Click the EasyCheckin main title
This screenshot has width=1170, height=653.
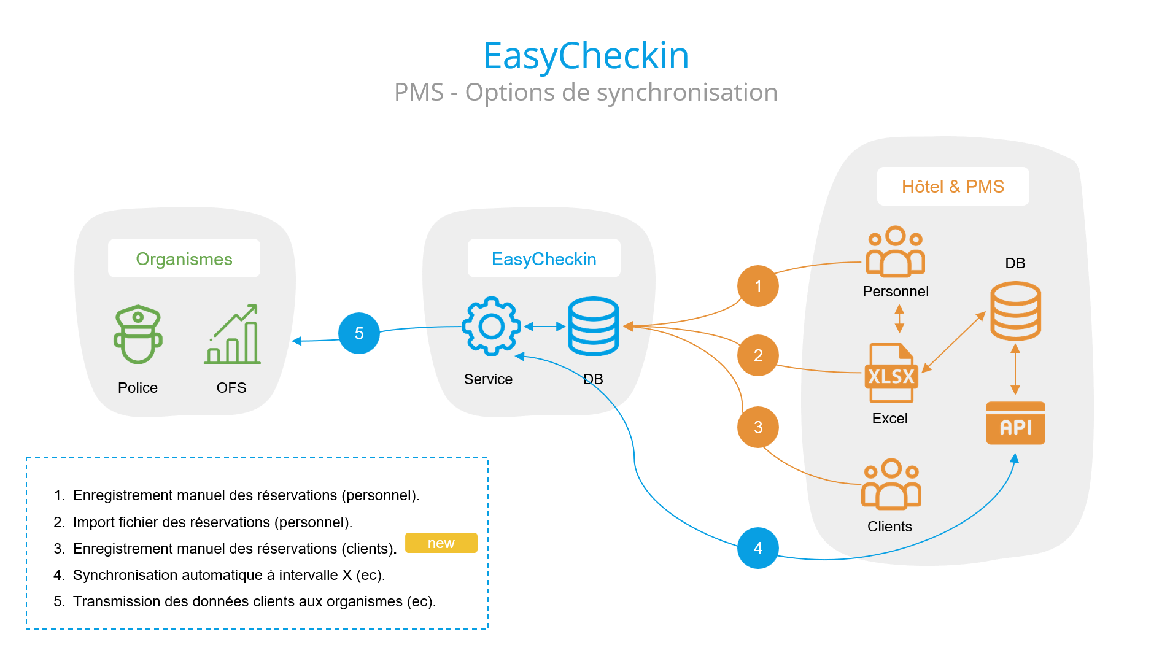point(586,56)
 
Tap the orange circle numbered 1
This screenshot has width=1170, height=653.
point(757,286)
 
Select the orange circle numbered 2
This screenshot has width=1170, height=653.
point(757,355)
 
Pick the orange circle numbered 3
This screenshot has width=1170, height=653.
point(757,427)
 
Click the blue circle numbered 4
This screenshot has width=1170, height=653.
point(757,548)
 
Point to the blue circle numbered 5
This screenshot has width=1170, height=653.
point(359,333)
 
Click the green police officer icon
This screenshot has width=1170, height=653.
point(138,334)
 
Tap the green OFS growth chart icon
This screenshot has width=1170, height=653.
point(233,334)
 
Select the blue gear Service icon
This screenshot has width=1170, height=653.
point(491,326)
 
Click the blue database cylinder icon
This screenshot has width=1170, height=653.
point(593,326)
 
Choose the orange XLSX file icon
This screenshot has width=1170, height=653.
point(891,373)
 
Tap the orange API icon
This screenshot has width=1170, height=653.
point(1015,423)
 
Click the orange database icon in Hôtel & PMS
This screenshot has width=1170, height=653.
point(1015,311)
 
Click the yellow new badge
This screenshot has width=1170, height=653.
point(441,543)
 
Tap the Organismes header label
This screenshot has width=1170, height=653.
point(184,259)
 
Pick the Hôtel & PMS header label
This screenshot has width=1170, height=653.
point(953,187)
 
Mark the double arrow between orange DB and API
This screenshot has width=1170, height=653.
point(1015,369)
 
